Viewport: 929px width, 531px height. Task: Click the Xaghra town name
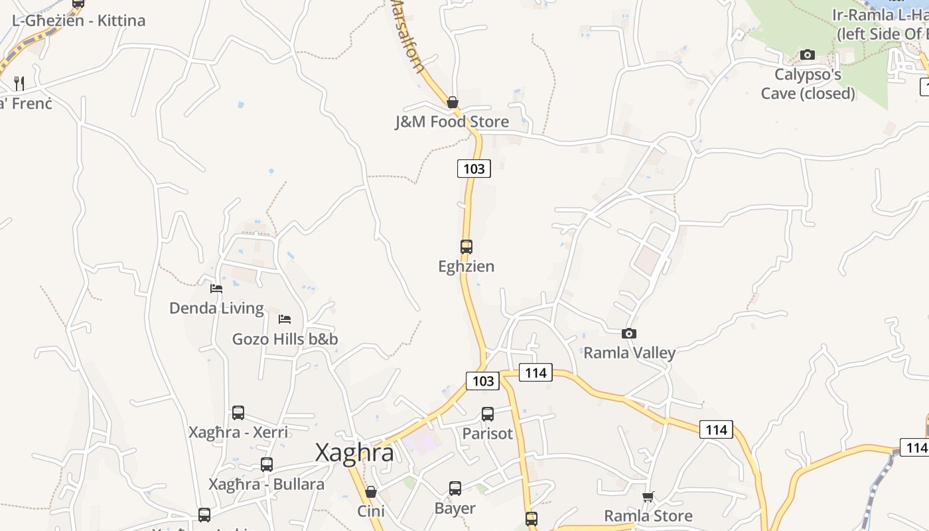click(x=354, y=453)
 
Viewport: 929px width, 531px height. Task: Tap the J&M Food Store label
click(x=452, y=121)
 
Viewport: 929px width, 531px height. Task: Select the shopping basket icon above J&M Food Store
click(x=453, y=102)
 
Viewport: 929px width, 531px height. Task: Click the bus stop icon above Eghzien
click(x=466, y=247)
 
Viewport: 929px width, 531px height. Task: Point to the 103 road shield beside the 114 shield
click(x=482, y=380)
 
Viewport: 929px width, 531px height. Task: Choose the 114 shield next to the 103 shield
click(x=536, y=372)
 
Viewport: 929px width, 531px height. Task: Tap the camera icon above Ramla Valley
click(x=629, y=333)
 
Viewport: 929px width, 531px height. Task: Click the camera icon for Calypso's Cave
click(x=808, y=54)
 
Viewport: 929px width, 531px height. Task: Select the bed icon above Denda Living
click(x=216, y=288)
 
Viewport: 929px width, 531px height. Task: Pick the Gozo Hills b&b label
click(x=285, y=339)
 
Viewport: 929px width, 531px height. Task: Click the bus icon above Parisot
click(x=488, y=414)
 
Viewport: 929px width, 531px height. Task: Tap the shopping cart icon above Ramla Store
click(x=648, y=496)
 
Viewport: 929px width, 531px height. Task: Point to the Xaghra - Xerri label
click(x=238, y=432)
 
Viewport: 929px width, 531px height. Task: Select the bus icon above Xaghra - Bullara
click(x=267, y=465)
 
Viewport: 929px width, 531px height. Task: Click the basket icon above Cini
click(x=371, y=492)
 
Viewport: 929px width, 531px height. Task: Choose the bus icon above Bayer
click(x=455, y=489)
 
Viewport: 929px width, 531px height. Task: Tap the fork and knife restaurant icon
click(x=19, y=84)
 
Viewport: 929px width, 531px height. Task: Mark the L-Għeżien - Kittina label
click(x=78, y=21)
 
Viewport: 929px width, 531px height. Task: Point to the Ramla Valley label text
click(x=629, y=352)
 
